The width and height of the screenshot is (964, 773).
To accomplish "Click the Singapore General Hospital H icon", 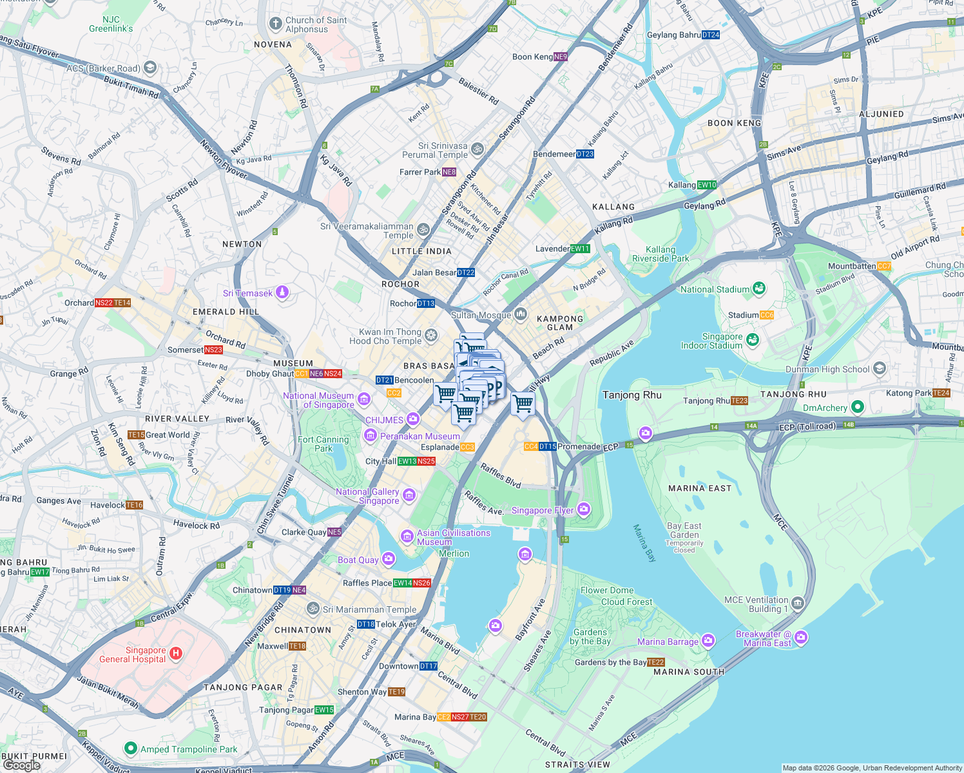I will coord(175,654).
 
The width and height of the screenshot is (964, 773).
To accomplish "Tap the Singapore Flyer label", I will coord(542,510).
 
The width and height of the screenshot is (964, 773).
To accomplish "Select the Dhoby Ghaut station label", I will coord(270,374).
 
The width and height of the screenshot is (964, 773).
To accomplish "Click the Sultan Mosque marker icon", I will coord(521,314).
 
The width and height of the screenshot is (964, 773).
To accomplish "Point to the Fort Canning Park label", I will coord(323,444).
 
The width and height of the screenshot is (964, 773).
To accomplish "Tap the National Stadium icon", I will coord(759,289).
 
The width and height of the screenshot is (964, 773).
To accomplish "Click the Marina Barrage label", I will coord(668,642).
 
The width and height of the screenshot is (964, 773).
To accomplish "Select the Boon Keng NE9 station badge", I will coord(561,57).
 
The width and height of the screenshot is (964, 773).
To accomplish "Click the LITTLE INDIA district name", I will coord(421,251).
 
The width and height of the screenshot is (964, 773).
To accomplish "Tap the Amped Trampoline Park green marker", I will coord(131,749).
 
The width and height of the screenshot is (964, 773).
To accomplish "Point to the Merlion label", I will coord(454,553).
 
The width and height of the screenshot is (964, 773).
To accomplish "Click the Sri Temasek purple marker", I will coord(282,293).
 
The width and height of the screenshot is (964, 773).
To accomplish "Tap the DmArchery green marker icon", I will coord(857,407).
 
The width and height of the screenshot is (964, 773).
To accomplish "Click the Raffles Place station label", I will coord(367,583).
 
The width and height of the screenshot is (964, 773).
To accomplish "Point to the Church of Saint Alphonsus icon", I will coord(276,23).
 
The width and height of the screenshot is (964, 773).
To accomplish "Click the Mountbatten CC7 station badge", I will coord(884,266).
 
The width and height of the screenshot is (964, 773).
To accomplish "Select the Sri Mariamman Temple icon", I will coord(313,609).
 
